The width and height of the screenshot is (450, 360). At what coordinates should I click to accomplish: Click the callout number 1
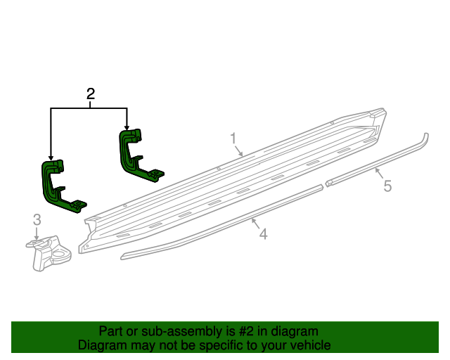(x=233, y=138)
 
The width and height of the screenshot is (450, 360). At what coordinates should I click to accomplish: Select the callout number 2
(x=90, y=94)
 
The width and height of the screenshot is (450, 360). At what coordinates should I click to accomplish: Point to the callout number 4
(x=263, y=234)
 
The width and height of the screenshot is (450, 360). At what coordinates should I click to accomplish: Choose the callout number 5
(x=386, y=186)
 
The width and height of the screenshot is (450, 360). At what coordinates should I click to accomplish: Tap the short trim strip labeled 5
(x=373, y=164)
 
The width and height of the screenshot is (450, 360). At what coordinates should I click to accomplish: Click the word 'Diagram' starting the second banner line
(x=101, y=345)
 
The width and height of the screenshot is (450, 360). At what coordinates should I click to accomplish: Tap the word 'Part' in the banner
(x=111, y=331)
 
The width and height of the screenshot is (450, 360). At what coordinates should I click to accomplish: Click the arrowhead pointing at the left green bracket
(x=51, y=158)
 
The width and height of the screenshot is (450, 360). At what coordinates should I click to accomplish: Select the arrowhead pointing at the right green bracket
(x=127, y=126)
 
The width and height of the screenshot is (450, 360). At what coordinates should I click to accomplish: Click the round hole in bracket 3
(x=67, y=250)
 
